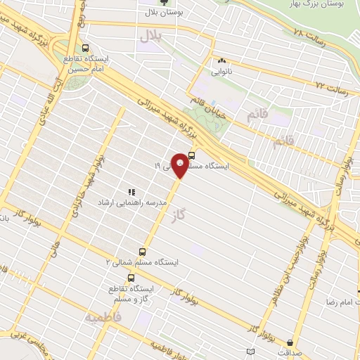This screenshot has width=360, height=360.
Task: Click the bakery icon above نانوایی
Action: click(222, 61)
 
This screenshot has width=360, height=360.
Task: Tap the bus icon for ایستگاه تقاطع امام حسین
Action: click(86, 49)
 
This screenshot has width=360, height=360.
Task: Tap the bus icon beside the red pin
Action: click(192, 156)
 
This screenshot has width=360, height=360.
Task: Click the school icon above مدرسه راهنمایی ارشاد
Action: click(130, 191)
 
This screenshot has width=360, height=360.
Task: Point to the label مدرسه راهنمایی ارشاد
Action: click(146, 202)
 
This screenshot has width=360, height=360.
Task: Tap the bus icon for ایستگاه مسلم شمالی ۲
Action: click(143, 251)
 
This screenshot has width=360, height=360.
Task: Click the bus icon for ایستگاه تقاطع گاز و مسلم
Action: click(131, 278)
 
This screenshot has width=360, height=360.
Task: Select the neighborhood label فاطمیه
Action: click(103, 318)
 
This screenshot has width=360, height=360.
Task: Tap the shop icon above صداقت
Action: click(290, 342)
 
